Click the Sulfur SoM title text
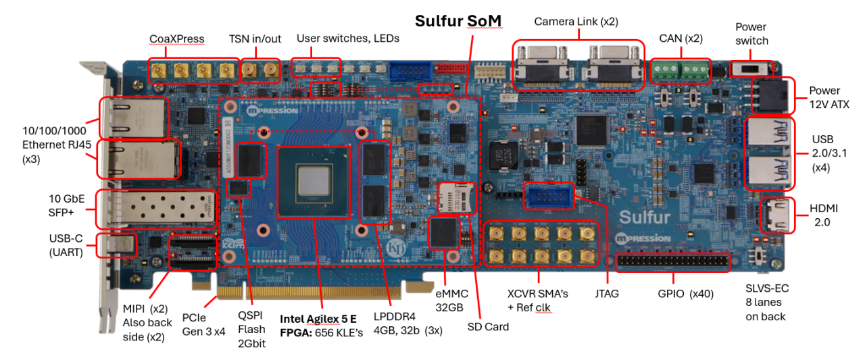tap(458, 21)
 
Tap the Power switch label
tap(751, 34)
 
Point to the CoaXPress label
tap(178, 39)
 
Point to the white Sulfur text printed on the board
tap(645, 217)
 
